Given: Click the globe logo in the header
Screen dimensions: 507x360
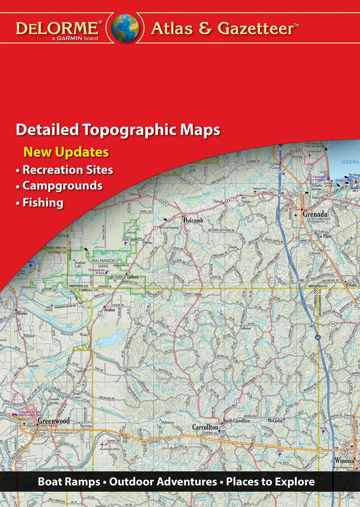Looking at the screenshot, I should coord(125,28).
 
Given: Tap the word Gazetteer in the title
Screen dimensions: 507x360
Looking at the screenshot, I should coord(256,28).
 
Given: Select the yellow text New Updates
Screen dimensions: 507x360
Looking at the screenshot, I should coord(66,152).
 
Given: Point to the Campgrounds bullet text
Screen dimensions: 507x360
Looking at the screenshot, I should coord(62,186).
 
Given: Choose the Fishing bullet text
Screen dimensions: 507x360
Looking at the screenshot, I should coord(43,202).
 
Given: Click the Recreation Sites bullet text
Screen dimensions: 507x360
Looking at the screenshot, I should coord(68,170).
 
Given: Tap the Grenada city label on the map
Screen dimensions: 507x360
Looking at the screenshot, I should coord(315,214).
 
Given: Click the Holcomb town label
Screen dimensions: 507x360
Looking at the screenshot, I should coord(193,221).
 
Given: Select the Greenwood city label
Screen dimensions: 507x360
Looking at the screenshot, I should coord(53,421).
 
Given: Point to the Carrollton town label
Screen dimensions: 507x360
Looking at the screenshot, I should coord(205,427).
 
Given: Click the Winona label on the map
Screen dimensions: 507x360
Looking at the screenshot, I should coord(344,461).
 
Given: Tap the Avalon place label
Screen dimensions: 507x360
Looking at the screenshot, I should coord(110,310).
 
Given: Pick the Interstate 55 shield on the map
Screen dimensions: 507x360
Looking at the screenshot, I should coord(317,337).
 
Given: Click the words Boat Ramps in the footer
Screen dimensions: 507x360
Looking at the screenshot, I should coord(69,481).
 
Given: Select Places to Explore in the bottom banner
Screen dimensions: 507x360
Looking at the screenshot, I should coord(270,481).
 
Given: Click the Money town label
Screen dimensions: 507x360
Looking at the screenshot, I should coord(22,313).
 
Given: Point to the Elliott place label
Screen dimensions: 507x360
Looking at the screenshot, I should coord(351,285).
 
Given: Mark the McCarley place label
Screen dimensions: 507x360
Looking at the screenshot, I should coord(275,421).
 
